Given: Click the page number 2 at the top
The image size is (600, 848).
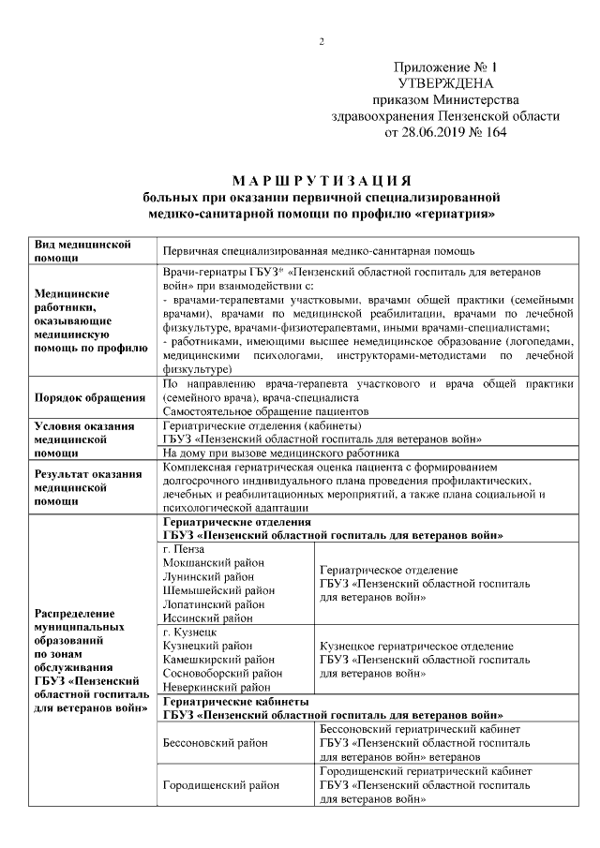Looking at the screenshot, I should (322, 41).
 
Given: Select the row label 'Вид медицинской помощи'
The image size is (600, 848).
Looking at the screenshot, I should (81, 250).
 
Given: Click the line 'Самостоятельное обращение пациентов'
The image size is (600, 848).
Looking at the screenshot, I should (265, 410).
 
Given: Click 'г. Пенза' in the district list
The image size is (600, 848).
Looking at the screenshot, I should (184, 548).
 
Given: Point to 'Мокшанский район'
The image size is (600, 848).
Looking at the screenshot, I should (213, 562).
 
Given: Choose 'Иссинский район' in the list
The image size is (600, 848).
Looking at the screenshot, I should (208, 618).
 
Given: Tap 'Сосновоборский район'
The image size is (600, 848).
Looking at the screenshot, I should (222, 673).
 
